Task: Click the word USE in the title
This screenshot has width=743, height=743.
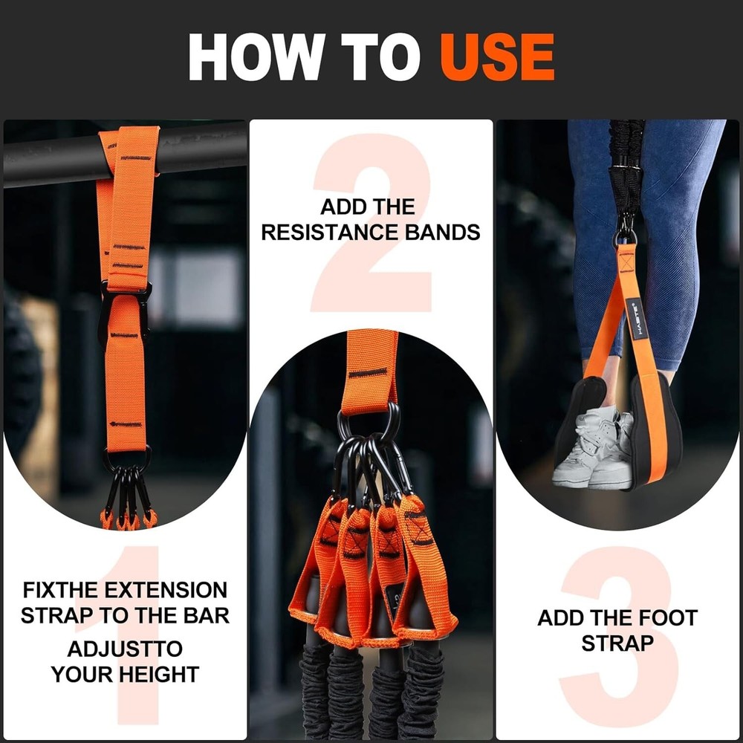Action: tap(497, 57)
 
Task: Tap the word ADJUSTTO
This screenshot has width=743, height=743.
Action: tap(125, 649)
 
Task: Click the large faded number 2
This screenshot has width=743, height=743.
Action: tap(371, 223)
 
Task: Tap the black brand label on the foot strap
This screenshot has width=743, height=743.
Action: tap(634, 318)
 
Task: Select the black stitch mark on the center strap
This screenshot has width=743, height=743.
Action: tap(369, 372)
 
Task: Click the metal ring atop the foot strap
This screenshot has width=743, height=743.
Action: tap(625, 237)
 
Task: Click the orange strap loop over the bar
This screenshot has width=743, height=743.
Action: tap(130, 149)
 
